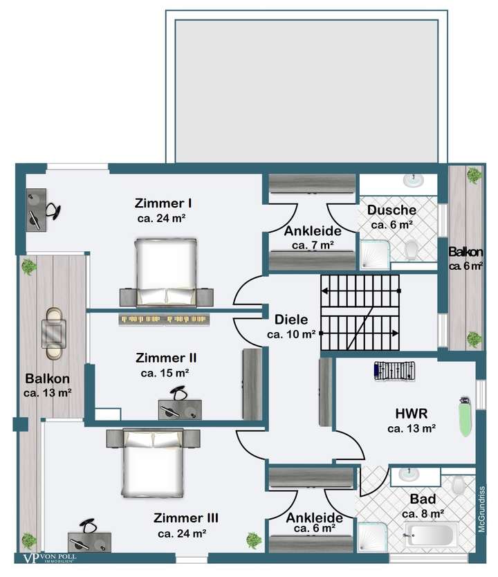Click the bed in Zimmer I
pos(166,273)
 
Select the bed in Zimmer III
pos(153,463)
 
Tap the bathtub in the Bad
pos(431,534)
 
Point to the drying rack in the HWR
pos(394,371)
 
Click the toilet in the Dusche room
pos(412,250)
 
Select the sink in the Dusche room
pos(414,181)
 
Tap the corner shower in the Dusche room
pos(374,254)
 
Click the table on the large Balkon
pos(54,333)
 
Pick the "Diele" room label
pos(291,320)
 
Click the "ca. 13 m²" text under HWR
pos(412,428)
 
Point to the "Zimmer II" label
pos(166,358)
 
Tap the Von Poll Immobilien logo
pos(50,558)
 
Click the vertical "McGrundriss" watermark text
pos(482,509)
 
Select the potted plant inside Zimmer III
pos(254,540)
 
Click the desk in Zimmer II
pos(180,410)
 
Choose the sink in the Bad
pos(409,475)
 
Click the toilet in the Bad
pos(459,485)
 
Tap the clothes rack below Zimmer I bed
pos(164,320)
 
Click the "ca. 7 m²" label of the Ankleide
pos(313,245)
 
